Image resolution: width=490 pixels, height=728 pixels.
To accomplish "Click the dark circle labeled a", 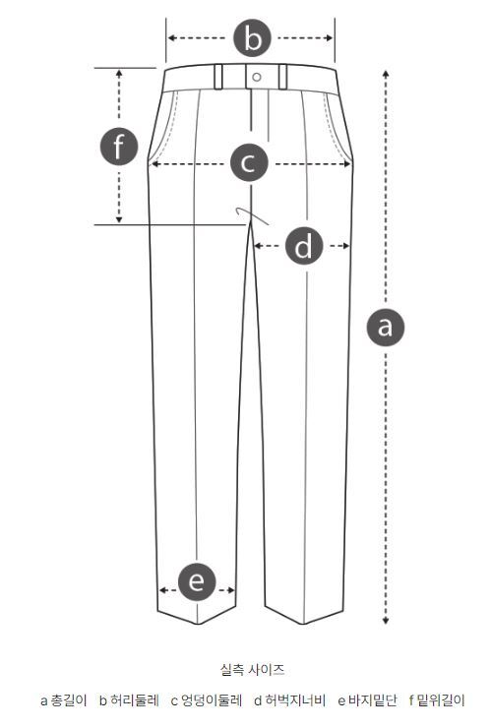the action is (386, 327).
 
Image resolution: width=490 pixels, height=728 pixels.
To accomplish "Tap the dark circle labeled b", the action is (252, 37).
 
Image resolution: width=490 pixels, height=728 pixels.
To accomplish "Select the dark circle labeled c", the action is (249, 163).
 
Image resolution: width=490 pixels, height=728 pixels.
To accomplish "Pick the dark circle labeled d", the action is (304, 246).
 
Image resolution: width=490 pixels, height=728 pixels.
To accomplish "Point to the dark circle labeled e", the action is (197, 581).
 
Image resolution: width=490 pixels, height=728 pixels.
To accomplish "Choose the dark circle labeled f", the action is (119, 147).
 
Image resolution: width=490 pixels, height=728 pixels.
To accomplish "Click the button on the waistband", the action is (257, 77).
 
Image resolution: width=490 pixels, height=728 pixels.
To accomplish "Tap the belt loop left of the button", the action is (218, 77).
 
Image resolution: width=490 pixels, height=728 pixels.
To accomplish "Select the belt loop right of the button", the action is (282, 77).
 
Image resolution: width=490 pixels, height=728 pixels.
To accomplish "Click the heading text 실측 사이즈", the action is (252, 670).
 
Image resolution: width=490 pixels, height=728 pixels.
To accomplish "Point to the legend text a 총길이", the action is (63, 700).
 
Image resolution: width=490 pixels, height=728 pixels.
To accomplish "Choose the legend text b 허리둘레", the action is (129, 700).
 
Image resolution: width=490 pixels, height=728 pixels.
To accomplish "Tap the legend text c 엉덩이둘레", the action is (207, 700).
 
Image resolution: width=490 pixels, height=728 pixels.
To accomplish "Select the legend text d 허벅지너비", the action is (290, 700).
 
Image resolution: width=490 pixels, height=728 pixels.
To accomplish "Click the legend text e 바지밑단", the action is (367, 700).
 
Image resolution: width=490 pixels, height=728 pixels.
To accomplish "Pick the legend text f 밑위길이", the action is (437, 700).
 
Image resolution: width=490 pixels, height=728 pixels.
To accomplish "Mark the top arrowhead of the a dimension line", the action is (386, 74).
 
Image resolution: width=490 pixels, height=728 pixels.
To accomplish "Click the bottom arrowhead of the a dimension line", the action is (386, 621).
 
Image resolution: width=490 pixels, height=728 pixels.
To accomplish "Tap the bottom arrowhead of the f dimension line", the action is (119, 219).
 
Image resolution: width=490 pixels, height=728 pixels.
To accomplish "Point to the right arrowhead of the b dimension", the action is (330, 37).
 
